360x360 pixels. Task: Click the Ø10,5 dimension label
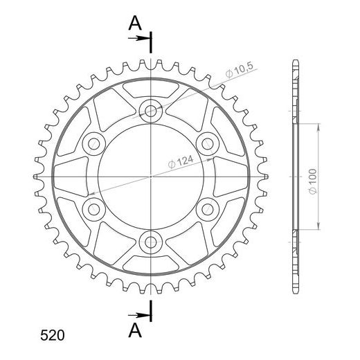(x=240, y=69)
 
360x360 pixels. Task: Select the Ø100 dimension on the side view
(x=313, y=181)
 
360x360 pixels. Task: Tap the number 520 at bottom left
(x=53, y=335)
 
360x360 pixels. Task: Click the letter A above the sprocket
(x=135, y=24)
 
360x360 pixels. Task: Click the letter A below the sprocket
(x=135, y=330)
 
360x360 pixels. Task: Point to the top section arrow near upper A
(x=138, y=38)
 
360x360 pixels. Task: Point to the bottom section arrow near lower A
(x=138, y=315)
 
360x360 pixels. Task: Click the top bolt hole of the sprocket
(x=151, y=111)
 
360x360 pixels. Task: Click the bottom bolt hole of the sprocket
(x=151, y=242)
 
